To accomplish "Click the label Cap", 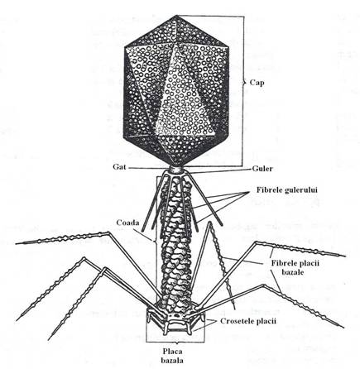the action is click(x=257, y=83).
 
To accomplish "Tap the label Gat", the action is click(x=119, y=167).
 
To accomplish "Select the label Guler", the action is click(x=262, y=169).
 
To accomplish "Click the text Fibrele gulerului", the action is click(x=287, y=190).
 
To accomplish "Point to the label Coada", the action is click(x=127, y=223).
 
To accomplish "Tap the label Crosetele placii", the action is click(x=248, y=321).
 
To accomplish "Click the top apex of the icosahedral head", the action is click(x=176, y=16).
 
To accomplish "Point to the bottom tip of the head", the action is click(x=175, y=165).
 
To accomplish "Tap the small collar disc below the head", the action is click(x=176, y=170).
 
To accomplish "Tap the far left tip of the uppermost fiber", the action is click(x=16, y=244).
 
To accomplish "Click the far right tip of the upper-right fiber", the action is click(x=345, y=256).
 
